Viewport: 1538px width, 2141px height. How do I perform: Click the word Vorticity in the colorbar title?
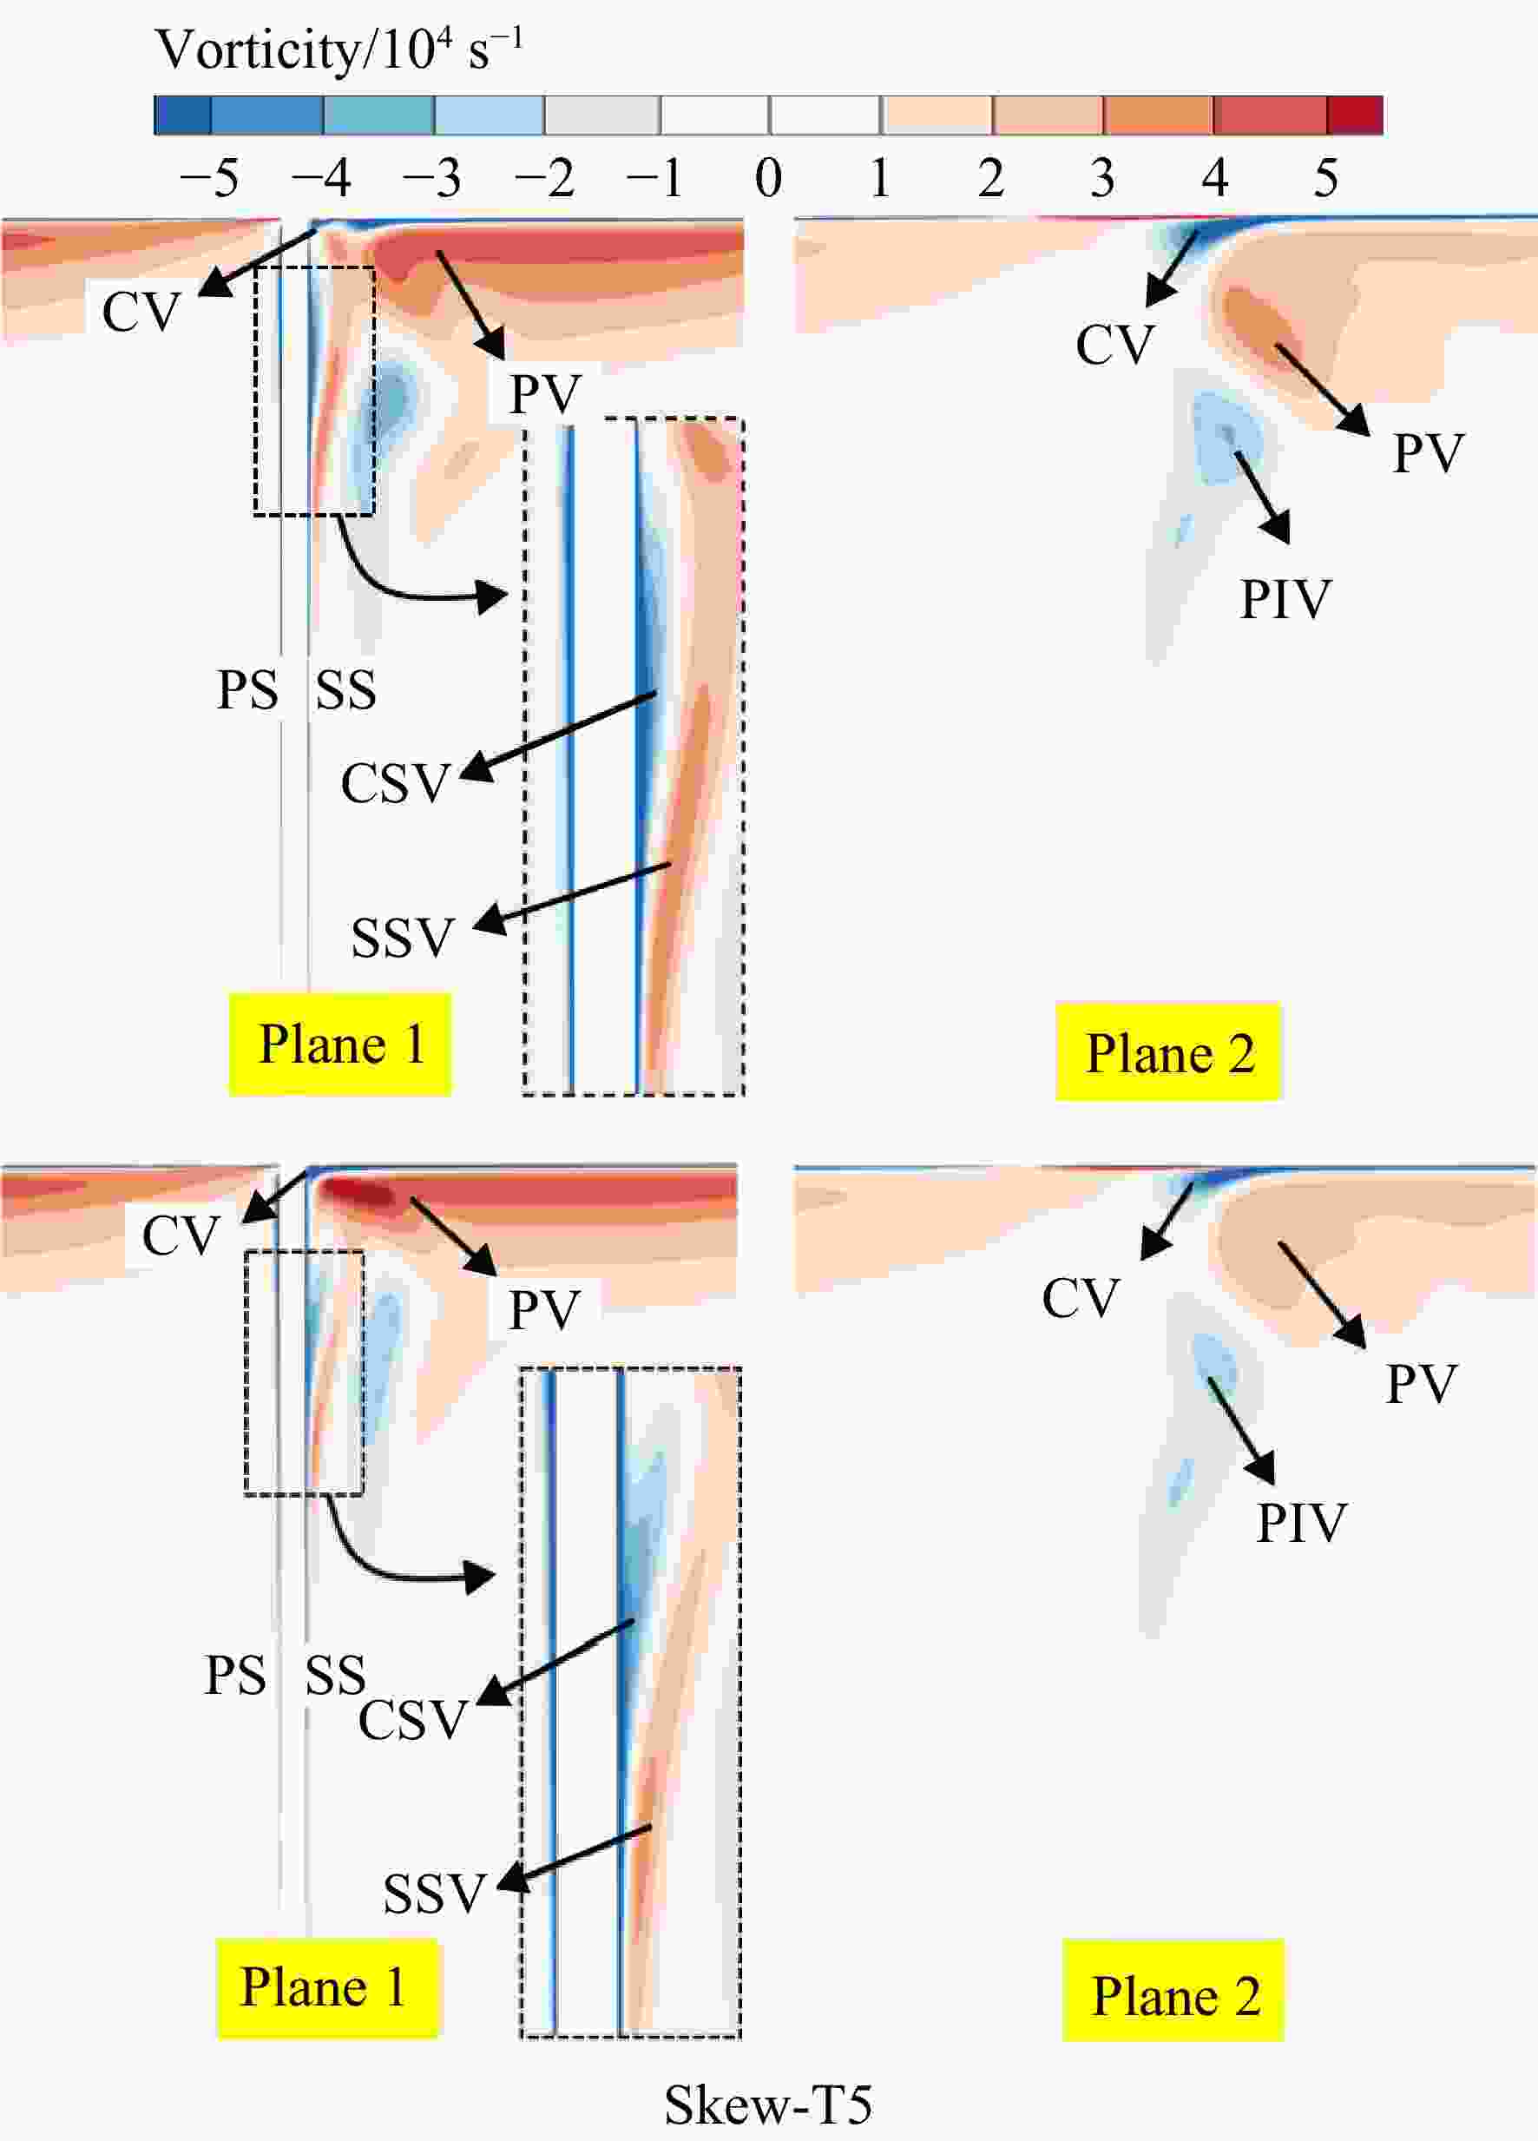[x=257, y=51]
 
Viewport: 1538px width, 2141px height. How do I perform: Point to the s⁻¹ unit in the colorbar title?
[x=496, y=49]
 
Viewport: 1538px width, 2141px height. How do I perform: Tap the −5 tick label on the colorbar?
[x=208, y=177]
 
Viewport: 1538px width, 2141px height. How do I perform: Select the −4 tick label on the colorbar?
[x=320, y=177]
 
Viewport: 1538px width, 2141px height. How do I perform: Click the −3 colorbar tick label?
[x=431, y=177]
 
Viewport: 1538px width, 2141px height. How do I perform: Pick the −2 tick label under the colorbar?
[x=543, y=177]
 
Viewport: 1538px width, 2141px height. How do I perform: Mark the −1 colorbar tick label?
[x=654, y=177]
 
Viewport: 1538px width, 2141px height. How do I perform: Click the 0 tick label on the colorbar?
[x=769, y=177]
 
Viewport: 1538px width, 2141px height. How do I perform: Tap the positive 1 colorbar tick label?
[x=880, y=177]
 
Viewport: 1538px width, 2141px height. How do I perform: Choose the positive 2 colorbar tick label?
[x=990, y=177]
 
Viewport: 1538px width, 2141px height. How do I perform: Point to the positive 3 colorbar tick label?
[x=1102, y=177]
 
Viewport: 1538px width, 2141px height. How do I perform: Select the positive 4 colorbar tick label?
[x=1214, y=177]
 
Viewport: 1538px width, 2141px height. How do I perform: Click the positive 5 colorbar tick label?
[x=1325, y=177]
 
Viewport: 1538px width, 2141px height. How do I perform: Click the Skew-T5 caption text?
[x=768, y=2105]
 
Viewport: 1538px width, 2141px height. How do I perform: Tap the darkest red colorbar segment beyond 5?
[x=1355, y=115]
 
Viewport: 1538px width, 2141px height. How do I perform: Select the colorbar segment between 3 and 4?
[x=1159, y=115]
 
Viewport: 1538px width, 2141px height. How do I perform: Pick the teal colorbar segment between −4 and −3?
[x=379, y=115]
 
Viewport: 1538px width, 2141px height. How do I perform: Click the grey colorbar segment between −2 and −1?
[x=602, y=115]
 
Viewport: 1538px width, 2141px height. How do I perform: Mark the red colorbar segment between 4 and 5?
[x=1270, y=115]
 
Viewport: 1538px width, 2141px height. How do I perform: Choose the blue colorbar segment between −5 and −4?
[x=267, y=115]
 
